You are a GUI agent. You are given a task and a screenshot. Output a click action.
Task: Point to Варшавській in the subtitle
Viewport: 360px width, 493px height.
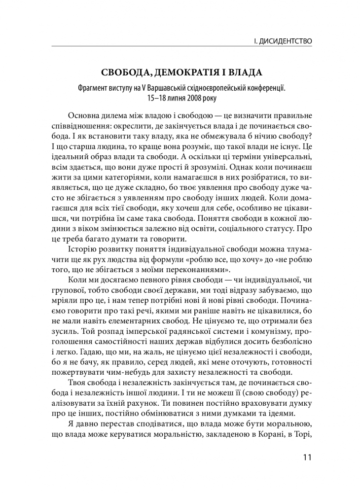[162, 88]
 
